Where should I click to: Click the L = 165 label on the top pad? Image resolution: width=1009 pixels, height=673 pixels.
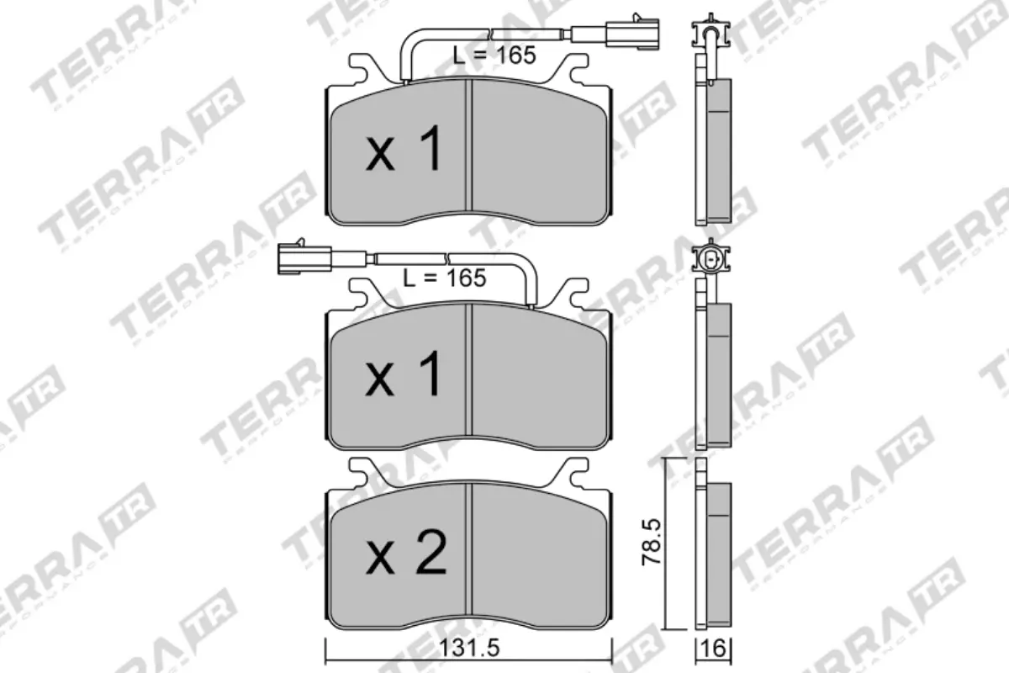494,56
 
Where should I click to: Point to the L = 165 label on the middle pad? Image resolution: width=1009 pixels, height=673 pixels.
444,277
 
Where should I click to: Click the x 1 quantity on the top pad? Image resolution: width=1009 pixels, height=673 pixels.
404,151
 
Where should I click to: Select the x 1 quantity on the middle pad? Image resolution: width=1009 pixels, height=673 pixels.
404,375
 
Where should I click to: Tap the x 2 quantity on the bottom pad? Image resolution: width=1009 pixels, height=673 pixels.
406,554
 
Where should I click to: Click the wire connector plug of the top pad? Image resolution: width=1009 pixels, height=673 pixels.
631,34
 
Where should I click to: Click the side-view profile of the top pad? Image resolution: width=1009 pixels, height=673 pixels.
713,151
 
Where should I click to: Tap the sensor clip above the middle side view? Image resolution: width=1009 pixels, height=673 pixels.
711,258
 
